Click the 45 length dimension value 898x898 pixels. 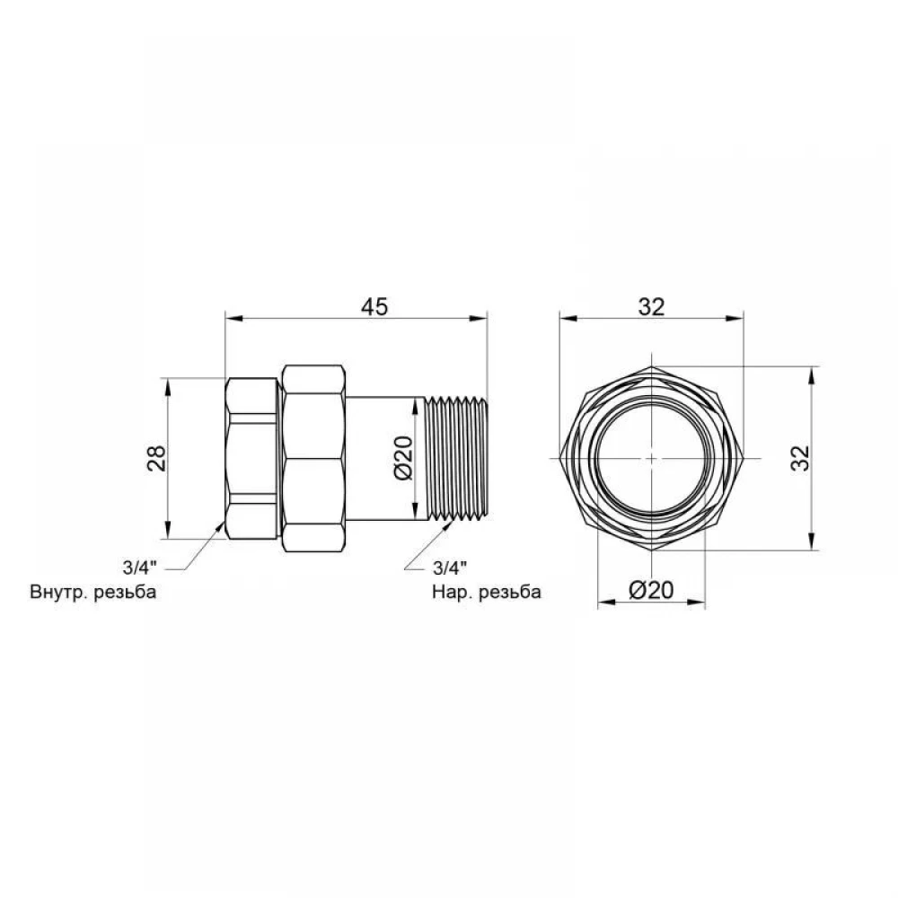(374, 306)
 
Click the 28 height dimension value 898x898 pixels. (156, 458)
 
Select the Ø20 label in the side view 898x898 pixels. (403, 458)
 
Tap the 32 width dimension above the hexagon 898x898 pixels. (652, 307)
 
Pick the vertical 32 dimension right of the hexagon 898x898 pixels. (800, 458)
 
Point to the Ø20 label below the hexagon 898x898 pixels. (651, 589)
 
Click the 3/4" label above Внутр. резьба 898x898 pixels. (139, 568)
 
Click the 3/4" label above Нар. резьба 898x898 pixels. (450, 568)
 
